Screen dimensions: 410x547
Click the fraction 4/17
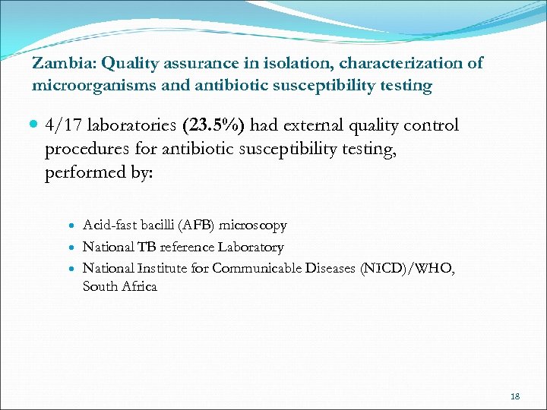click(x=65, y=125)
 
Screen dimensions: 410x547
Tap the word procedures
click(x=88, y=149)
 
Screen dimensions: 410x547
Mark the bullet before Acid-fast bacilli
click(x=73, y=226)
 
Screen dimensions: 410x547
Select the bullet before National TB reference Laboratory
click(x=73, y=248)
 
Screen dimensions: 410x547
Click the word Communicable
click(x=259, y=268)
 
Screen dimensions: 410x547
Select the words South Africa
click(x=119, y=287)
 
